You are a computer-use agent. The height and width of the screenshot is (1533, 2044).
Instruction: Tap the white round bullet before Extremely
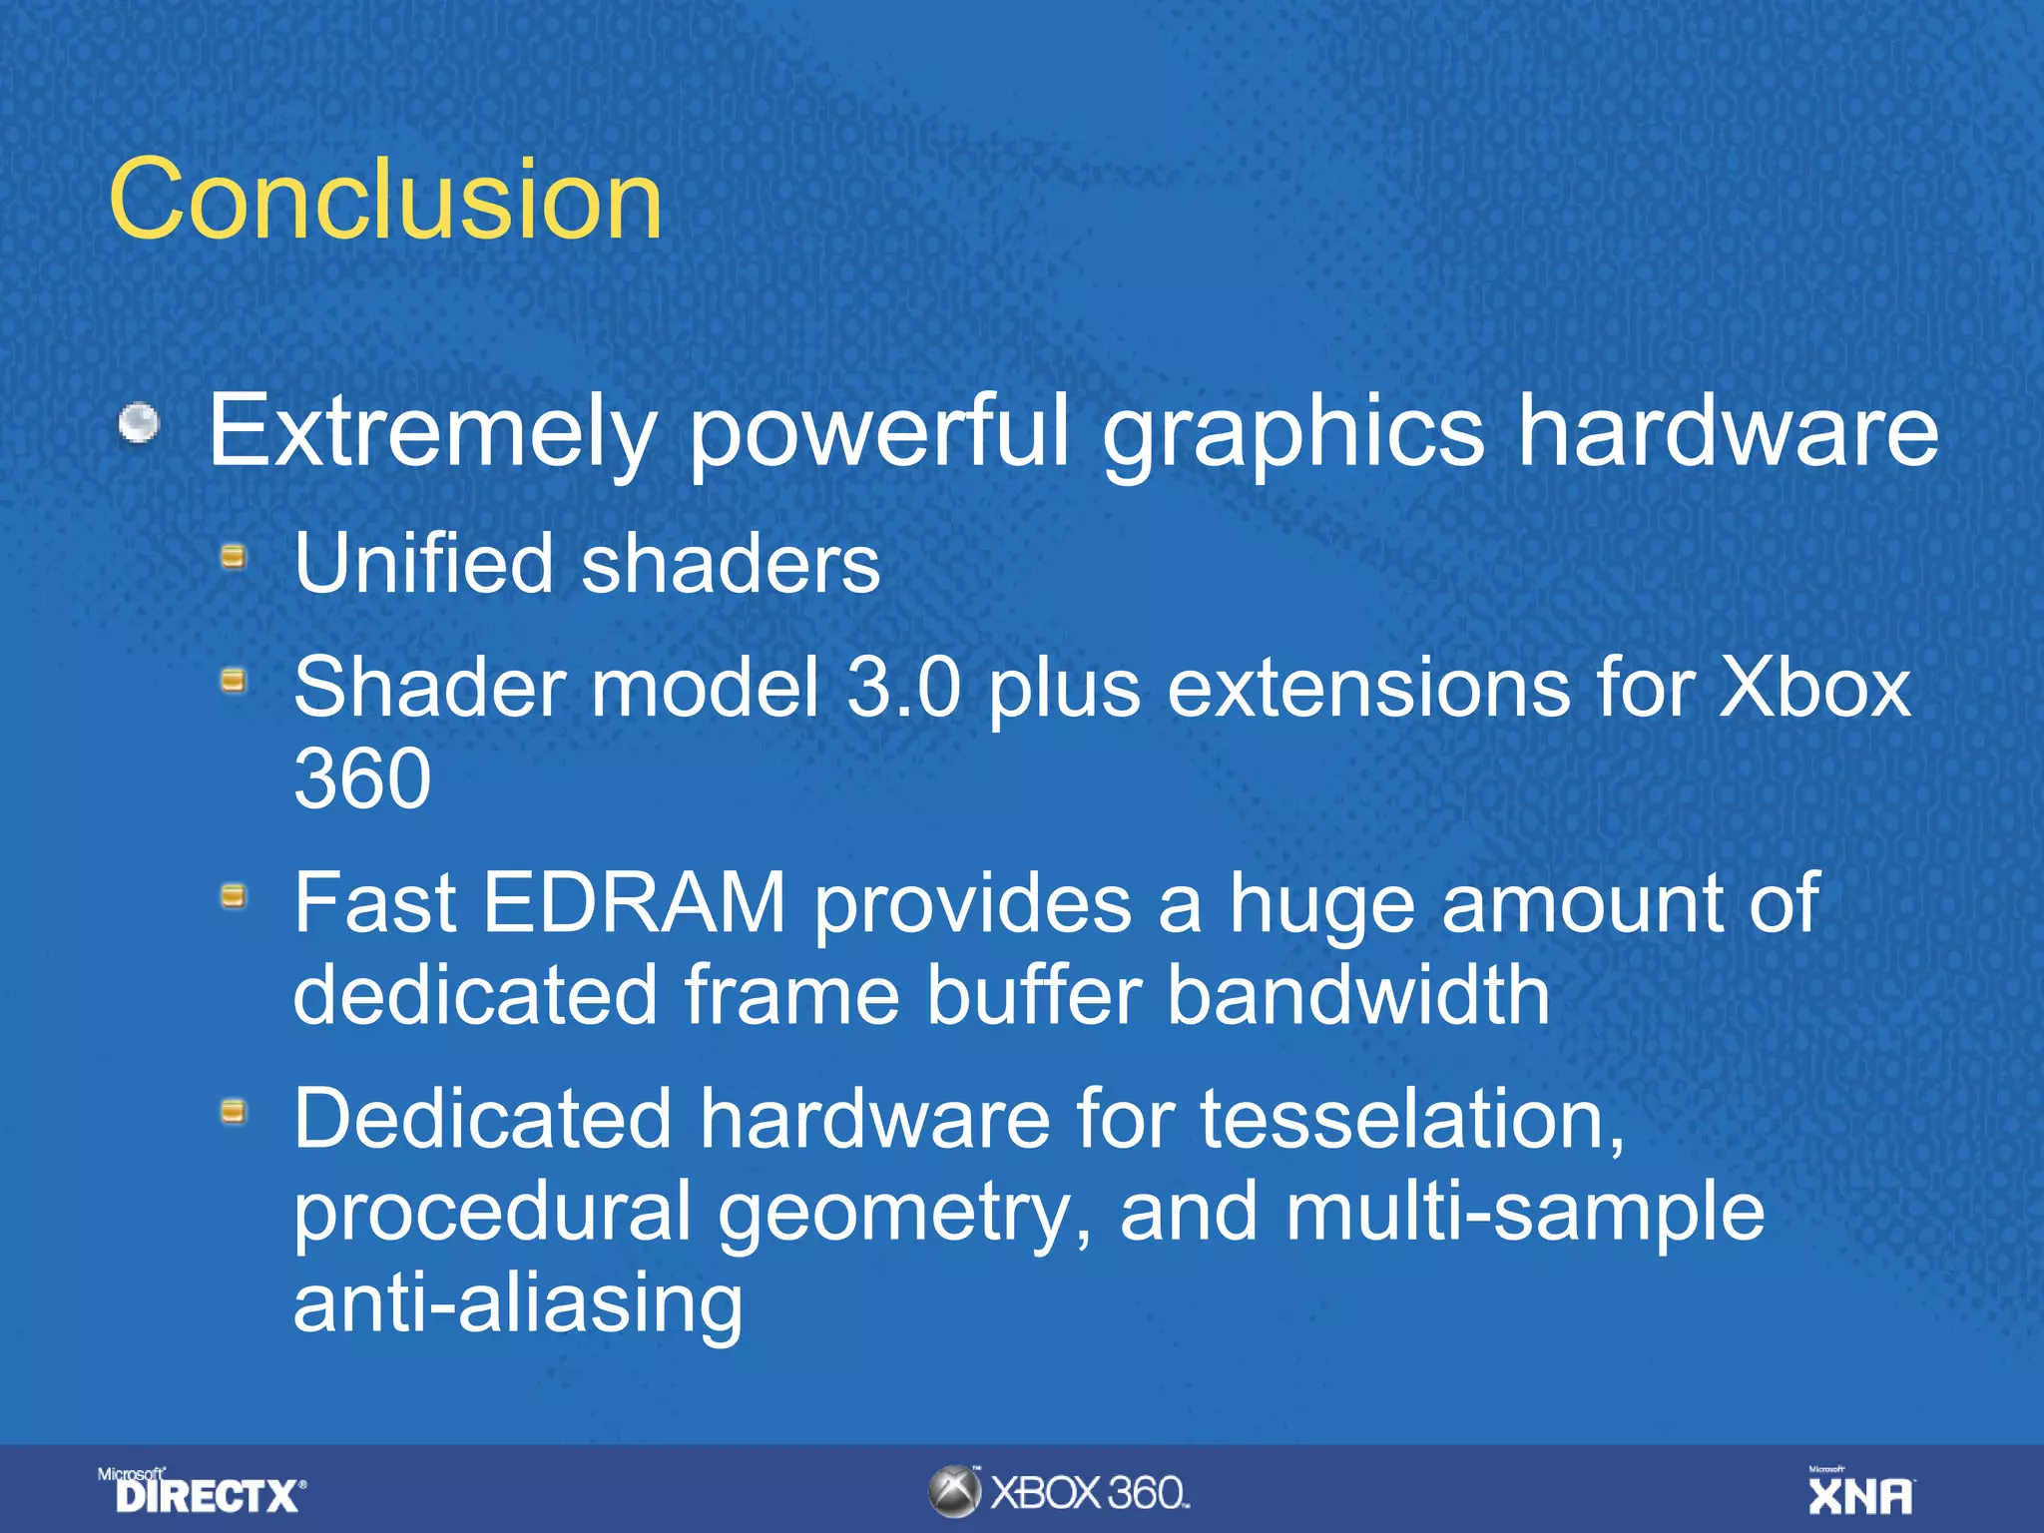pos(139,423)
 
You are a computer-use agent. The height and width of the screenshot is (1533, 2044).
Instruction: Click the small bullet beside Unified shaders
pos(234,556)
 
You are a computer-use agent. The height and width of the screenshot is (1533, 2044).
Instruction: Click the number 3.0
pos(903,688)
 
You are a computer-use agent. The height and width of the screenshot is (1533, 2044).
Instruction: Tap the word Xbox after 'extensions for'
pos(1813,688)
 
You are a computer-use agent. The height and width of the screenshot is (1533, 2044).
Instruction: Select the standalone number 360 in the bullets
pos(362,778)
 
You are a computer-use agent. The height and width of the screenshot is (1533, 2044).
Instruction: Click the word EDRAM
pos(635,903)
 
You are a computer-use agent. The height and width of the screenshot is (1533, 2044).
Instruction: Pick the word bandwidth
pos(1358,995)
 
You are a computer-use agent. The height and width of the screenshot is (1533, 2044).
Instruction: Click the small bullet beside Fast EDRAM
pos(234,895)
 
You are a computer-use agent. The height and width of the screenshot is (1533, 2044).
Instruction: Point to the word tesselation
pos(1411,1120)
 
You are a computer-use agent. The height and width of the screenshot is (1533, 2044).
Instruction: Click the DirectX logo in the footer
pos(204,1492)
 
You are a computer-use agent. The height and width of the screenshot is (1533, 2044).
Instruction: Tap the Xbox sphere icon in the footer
pos(955,1492)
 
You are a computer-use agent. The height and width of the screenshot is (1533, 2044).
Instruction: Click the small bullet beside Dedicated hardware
pos(234,1111)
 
